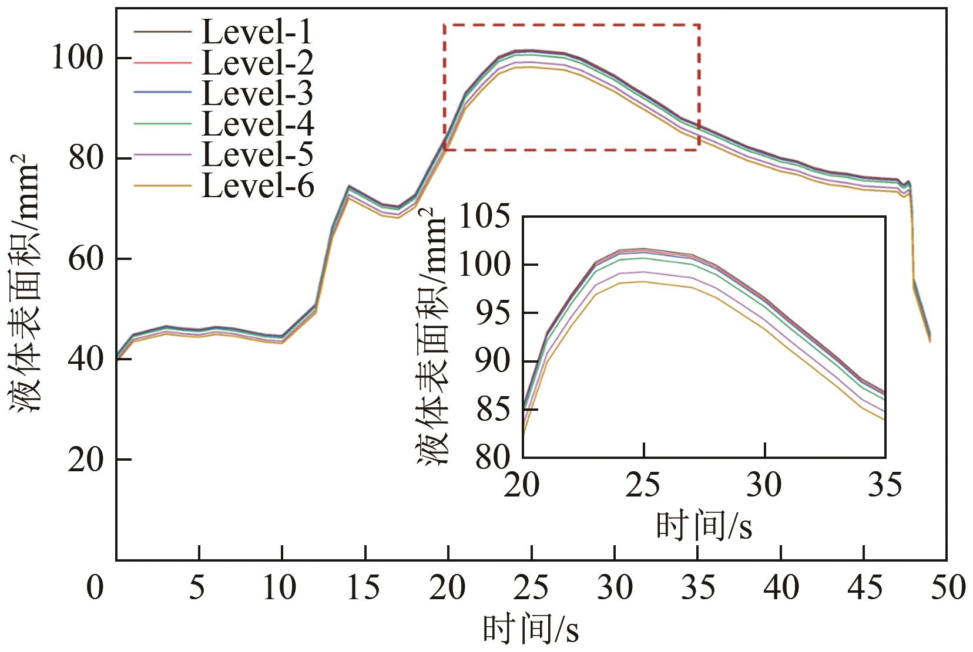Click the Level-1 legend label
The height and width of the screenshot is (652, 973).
pos(257,33)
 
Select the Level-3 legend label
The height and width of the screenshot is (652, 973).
pos(257,94)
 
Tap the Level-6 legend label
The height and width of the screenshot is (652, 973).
pos(257,187)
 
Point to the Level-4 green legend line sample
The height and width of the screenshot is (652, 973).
pos(163,124)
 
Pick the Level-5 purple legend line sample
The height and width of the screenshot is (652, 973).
pos(163,155)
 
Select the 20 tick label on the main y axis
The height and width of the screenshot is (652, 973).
pos(83,460)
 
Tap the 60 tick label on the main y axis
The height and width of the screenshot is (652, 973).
pos(83,259)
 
